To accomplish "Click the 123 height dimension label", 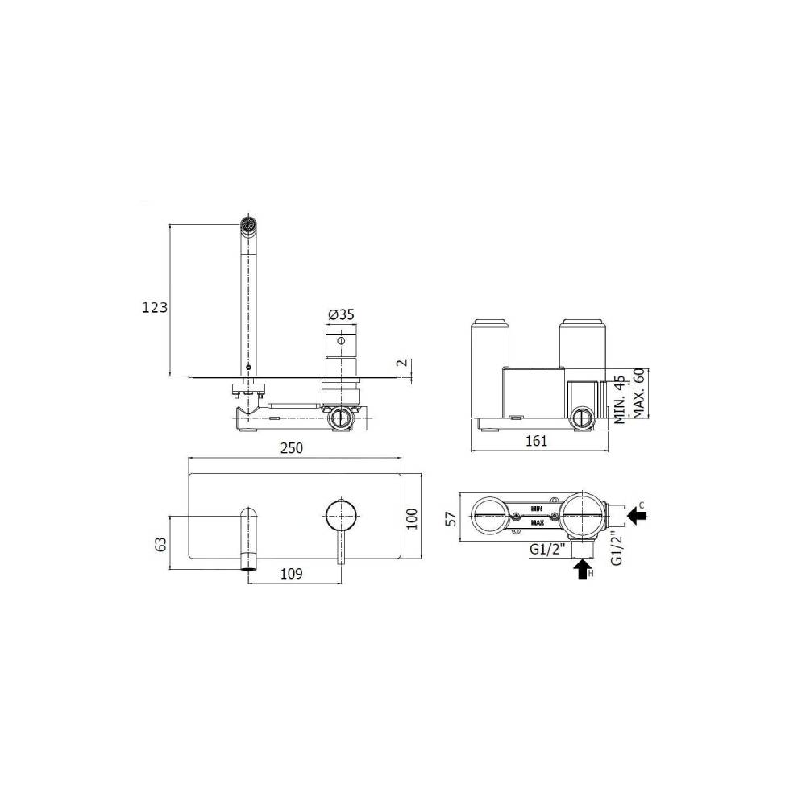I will (x=154, y=307).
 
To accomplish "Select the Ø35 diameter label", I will (x=341, y=314).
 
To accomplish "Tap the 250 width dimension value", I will (x=293, y=448).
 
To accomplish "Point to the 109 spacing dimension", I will (x=291, y=574).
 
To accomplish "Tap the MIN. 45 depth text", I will (x=620, y=400).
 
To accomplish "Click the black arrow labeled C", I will (x=638, y=516).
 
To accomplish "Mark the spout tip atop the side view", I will (x=250, y=223).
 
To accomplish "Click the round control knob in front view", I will (x=340, y=513).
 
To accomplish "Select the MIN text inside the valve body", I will (x=537, y=508).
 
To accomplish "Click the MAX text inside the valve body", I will (x=537, y=522).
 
